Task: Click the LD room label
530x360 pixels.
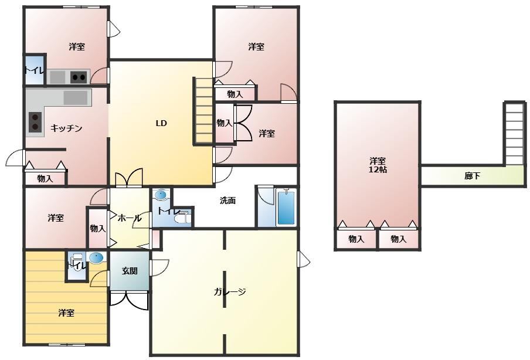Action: (x=161, y=123)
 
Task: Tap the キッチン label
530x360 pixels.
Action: (x=66, y=128)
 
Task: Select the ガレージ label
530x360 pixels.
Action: (x=229, y=292)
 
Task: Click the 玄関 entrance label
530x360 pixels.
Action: (x=130, y=271)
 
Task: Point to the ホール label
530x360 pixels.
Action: (x=129, y=218)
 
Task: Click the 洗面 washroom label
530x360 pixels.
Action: (x=228, y=201)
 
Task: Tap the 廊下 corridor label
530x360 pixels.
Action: (x=472, y=176)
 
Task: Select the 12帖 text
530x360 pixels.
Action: (x=378, y=169)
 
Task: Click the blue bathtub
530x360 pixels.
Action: (x=286, y=207)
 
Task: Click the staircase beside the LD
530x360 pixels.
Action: (x=203, y=111)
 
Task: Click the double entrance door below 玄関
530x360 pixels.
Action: (x=130, y=300)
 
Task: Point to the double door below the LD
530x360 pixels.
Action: (x=129, y=177)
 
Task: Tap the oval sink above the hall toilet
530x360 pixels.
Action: (x=160, y=195)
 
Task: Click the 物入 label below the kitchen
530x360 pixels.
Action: (x=45, y=178)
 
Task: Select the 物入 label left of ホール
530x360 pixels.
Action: (x=98, y=229)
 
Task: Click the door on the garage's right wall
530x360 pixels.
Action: (x=304, y=259)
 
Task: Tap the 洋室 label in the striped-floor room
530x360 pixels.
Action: (x=66, y=313)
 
